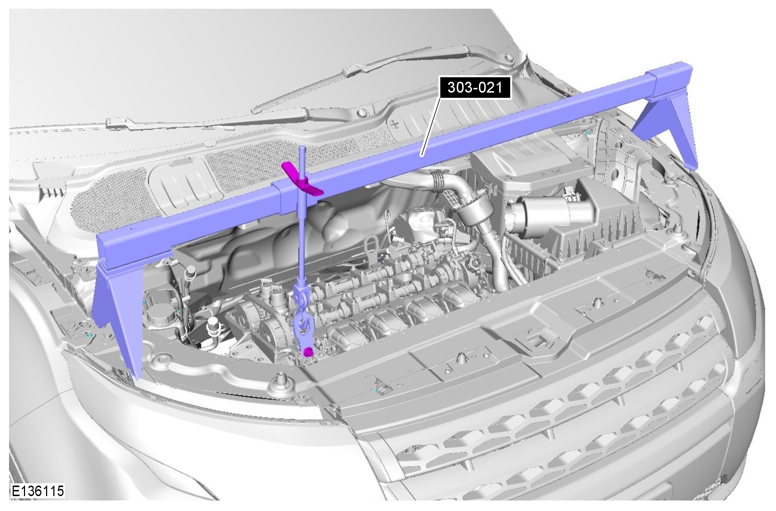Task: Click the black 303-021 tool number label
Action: point(475,87)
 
